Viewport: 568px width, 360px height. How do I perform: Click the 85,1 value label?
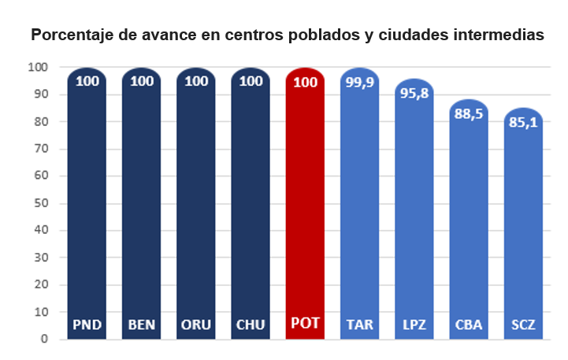click(523, 122)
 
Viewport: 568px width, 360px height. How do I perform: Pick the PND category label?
click(87, 325)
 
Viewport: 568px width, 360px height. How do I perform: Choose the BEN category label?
click(142, 325)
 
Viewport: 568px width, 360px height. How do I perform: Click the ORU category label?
click(196, 325)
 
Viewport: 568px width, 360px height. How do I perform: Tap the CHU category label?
click(251, 325)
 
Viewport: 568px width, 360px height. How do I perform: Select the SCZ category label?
click(523, 325)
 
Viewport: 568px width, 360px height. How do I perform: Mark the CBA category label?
click(469, 325)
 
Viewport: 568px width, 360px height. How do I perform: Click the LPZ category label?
click(414, 325)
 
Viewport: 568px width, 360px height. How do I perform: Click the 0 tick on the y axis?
click(45, 340)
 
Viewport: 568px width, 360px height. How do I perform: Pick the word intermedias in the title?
click(499, 36)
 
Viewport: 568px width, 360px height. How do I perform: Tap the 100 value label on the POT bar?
click(305, 80)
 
